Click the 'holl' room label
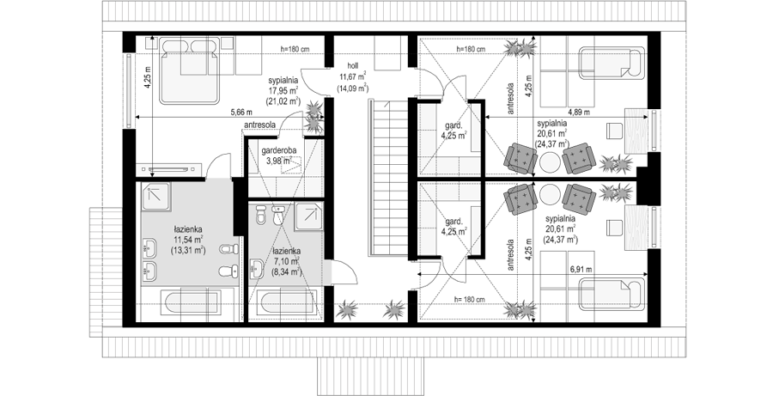click(x=352, y=65)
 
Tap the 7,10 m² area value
click(x=286, y=261)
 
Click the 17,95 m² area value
click(x=284, y=90)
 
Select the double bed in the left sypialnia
click(x=189, y=71)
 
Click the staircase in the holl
click(x=388, y=177)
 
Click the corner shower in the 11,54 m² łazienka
click(x=156, y=196)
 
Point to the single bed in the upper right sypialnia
click(x=612, y=63)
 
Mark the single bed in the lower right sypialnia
click(x=612, y=294)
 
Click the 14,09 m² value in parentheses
click(x=352, y=88)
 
